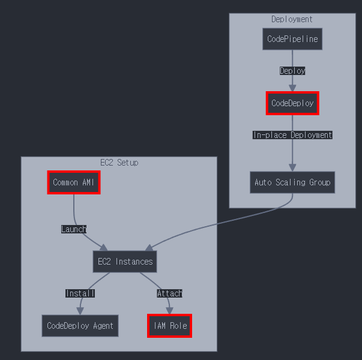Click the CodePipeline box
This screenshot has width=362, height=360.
(292, 39)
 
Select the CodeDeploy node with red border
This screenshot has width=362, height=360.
(292, 103)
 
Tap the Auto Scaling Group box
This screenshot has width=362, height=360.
(292, 182)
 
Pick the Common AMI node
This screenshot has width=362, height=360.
(74, 182)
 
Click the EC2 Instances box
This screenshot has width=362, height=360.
(125, 262)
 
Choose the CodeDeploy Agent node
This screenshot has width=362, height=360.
(80, 326)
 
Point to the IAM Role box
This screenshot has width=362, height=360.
(170, 326)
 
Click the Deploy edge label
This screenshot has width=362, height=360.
(292, 71)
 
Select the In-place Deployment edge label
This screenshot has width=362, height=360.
(292, 135)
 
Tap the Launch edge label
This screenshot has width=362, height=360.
(74, 229)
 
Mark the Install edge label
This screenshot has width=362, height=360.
(80, 293)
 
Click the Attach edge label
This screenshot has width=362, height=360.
(170, 293)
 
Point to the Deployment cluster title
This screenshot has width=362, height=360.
(292, 19)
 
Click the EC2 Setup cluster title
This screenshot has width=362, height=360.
(119, 163)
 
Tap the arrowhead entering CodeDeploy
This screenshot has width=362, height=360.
(292, 88)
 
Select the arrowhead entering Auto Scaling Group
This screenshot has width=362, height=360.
(292, 167)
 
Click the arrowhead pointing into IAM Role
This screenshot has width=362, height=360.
(170, 311)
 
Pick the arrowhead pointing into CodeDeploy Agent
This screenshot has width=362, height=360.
(80, 311)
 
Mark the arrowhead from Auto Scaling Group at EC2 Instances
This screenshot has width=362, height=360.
(149, 248)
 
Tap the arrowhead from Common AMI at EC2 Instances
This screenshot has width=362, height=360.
(104, 248)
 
